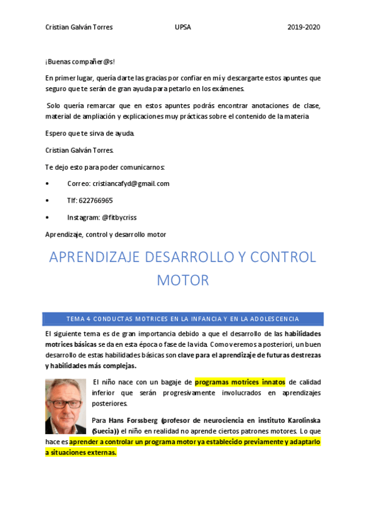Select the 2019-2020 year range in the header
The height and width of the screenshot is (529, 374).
[x=303, y=27]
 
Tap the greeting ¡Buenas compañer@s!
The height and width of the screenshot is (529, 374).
[x=80, y=62]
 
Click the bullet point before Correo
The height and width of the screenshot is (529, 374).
[x=47, y=184]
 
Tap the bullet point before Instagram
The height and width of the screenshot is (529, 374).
[x=47, y=218]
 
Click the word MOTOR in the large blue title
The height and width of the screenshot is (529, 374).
[x=183, y=281]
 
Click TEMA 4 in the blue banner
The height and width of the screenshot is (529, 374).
[x=79, y=319]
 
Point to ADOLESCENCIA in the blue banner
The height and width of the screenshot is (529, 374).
[x=272, y=319]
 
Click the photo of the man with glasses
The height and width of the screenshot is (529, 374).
[x=65, y=405]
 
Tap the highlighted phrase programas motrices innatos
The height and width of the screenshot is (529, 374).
[x=240, y=381]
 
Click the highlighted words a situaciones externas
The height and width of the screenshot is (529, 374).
[x=81, y=452]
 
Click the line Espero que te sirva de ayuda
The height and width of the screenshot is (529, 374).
[x=89, y=133]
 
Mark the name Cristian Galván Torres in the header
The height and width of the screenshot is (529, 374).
[x=79, y=27]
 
